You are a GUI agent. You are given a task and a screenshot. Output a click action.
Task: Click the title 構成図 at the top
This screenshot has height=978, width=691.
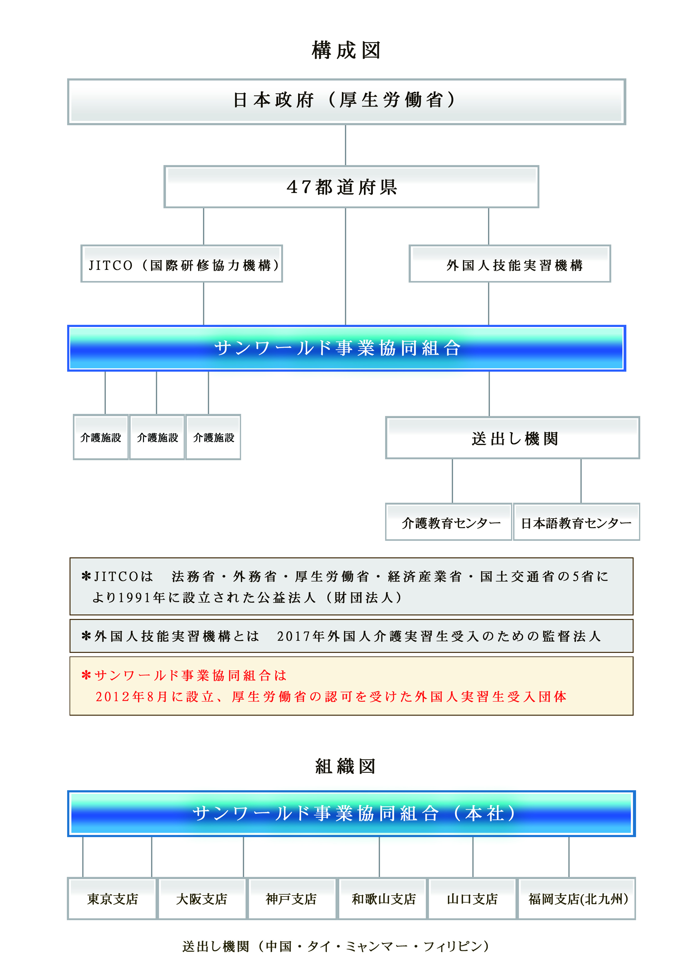[346, 50]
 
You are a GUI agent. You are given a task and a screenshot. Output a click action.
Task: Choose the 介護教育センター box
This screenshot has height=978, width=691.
[448, 522]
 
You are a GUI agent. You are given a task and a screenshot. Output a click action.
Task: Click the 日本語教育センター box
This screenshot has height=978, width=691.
[576, 522]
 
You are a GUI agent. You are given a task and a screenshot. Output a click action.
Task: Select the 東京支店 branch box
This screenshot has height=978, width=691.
[112, 898]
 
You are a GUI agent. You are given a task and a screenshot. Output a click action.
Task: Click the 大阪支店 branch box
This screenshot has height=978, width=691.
[202, 898]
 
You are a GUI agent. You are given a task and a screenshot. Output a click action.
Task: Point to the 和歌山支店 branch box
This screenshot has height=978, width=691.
[382, 898]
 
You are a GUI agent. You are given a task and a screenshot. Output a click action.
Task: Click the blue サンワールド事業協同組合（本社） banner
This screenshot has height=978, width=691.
[351, 814]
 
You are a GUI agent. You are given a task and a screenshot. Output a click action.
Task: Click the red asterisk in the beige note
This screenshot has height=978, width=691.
[86, 675]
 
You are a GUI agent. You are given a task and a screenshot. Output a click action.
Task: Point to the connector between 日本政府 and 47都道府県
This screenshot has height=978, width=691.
[345, 145]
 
